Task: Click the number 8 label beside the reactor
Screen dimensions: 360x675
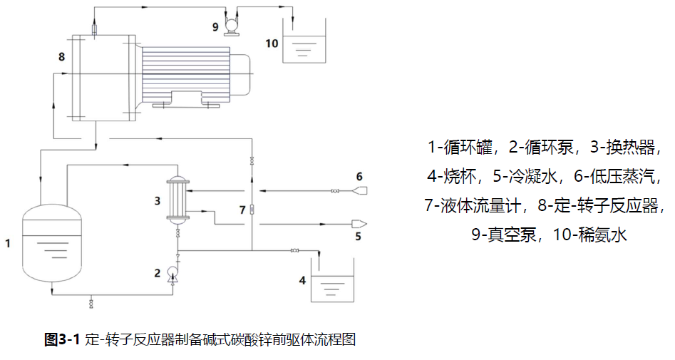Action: (x=61, y=56)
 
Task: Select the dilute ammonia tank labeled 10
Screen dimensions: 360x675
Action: (x=305, y=47)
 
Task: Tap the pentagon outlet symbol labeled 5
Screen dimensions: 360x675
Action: (x=359, y=224)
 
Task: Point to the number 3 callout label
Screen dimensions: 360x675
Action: (x=157, y=201)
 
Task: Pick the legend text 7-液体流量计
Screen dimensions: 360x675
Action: (x=475, y=205)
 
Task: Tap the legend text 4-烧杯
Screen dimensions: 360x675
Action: (x=454, y=176)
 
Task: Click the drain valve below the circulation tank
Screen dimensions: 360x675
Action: (x=91, y=303)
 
